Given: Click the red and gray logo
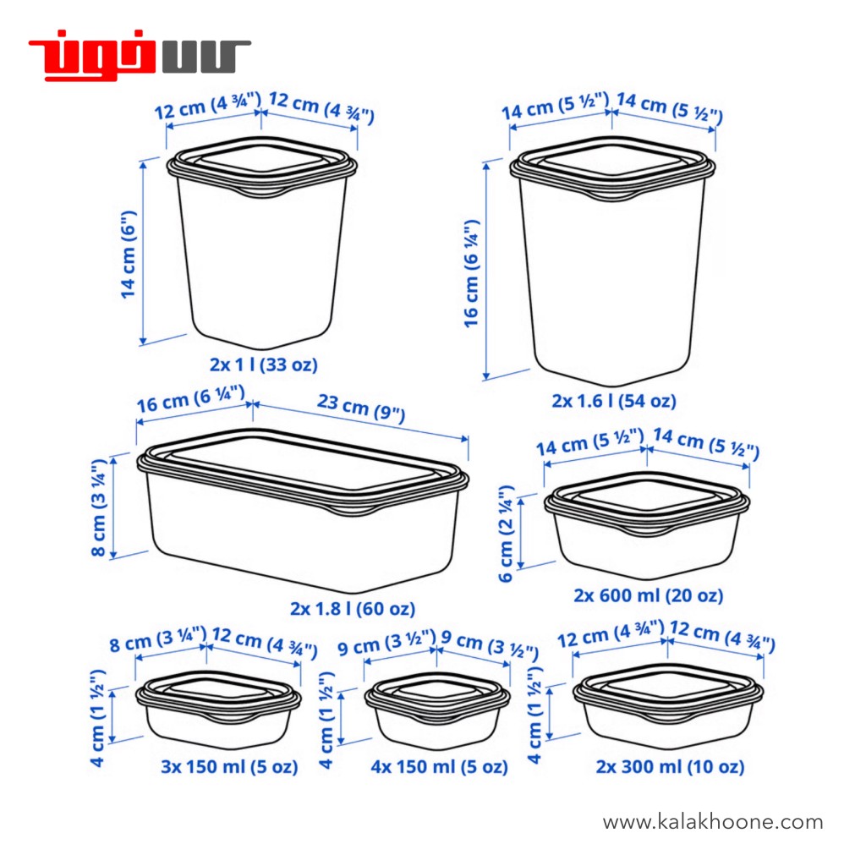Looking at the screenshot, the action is [140, 55].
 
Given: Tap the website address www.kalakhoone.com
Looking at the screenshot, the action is [712, 822].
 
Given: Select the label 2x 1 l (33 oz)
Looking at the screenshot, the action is [264, 364].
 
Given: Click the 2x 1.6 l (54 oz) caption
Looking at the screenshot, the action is [614, 401].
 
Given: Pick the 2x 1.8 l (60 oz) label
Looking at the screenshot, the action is [353, 609].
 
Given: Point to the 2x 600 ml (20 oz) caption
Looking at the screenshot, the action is [648, 595].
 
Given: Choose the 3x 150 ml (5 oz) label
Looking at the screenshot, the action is [229, 766].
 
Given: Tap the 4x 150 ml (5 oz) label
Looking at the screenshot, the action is [439, 766].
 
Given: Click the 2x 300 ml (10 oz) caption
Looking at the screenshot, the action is [670, 766].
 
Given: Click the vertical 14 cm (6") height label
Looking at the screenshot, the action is [129, 255].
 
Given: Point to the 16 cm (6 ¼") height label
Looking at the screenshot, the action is [471, 273].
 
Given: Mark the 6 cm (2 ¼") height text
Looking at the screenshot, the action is [506, 534].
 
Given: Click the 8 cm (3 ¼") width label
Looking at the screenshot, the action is [158, 639].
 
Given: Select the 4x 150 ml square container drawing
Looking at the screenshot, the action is [437, 710].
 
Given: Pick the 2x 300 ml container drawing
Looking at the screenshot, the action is [668, 706].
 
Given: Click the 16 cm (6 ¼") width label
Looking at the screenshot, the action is [190, 399].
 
